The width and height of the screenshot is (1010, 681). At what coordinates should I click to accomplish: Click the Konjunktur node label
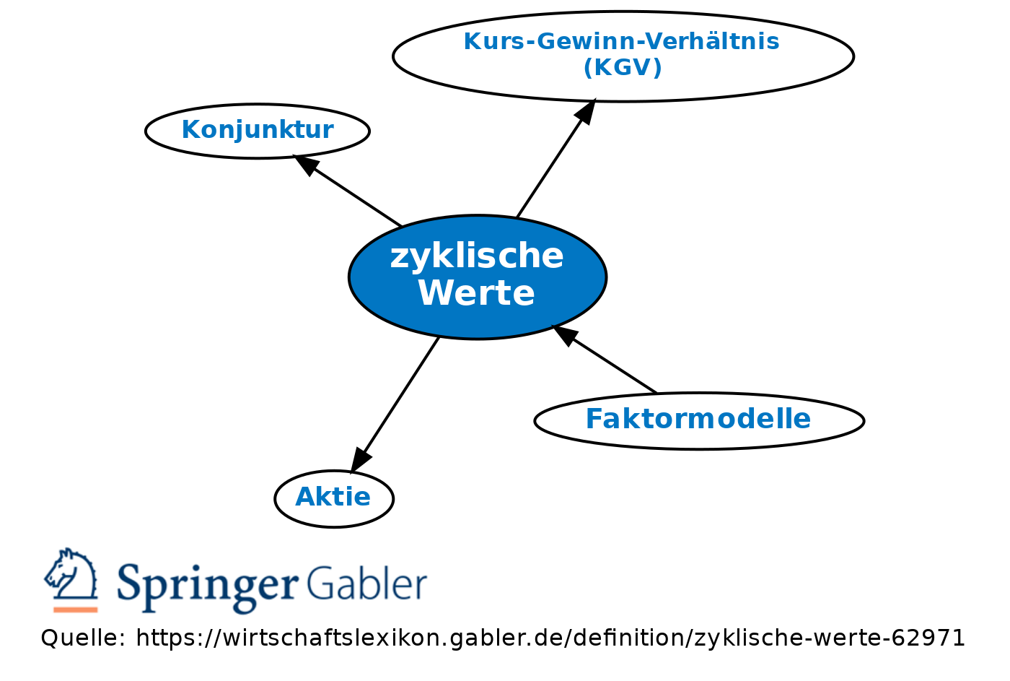tap(258, 130)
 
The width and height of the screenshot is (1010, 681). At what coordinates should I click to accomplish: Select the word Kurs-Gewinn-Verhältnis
tap(622, 41)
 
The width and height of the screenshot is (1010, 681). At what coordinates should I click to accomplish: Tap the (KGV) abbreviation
tap(623, 67)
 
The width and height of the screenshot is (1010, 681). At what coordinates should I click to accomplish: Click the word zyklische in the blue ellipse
tap(477, 256)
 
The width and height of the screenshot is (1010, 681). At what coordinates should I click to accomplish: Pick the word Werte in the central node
tap(477, 293)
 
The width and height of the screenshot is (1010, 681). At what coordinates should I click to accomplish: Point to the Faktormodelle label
tap(698, 418)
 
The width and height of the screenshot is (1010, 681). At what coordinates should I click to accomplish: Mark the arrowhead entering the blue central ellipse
tap(565, 335)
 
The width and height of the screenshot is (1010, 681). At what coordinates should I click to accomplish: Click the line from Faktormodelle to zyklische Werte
tap(605, 359)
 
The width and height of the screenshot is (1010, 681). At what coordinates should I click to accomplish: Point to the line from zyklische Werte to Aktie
tap(395, 405)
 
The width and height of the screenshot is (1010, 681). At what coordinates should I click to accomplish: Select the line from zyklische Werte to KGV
tap(556, 158)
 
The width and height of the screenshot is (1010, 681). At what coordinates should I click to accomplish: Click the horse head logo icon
tap(71, 574)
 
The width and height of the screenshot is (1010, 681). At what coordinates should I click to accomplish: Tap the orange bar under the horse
tap(75, 610)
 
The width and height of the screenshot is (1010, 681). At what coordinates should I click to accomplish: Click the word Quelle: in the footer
tap(83, 638)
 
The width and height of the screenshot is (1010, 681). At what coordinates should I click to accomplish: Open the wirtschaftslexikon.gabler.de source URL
tap(550, 638)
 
